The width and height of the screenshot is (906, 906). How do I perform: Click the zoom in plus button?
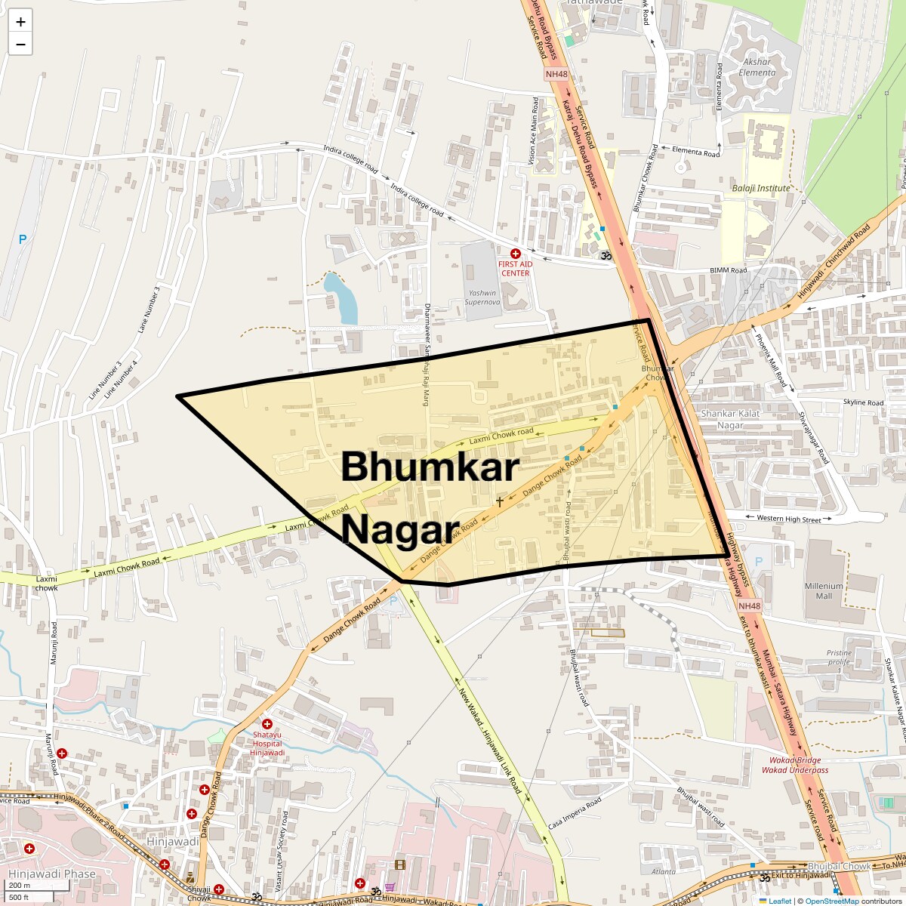pyautogui.click(x=20, y=22)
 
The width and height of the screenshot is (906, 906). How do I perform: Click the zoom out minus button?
pyautogui.click(x=20, y=45)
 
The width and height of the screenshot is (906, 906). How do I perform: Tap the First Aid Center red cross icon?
pyautogui.click(x=516, y=254)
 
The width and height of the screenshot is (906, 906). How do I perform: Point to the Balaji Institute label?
pyautogui.click(x=761, y=188)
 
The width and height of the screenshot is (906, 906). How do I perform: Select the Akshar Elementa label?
pyautogui.click(x=757, y=67)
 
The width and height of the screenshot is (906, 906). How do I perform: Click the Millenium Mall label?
pyautogui.click(x=824, y=590)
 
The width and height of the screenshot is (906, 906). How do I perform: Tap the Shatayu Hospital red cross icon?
pyautogui.click(x=267, y=724)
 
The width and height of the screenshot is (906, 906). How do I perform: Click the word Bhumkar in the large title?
pyautogui.click(x=430, y=467)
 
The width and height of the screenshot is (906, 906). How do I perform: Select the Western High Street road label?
pyautogui.click(x=789, y=519)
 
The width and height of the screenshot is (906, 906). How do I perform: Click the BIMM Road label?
pyautogui.click(x=729, y=270)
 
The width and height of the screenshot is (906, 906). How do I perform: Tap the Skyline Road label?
pyautogui.click(x=863, y=402)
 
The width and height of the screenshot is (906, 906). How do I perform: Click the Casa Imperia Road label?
pyautogui.click(x=575, y=812)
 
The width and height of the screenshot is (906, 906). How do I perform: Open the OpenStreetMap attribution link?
pyautogui.click(x=832, y=901)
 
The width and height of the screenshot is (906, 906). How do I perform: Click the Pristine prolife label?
pyautogui.click(x=839, y=657)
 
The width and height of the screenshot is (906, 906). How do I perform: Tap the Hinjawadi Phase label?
pyautogui.click(x=52, y=874)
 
